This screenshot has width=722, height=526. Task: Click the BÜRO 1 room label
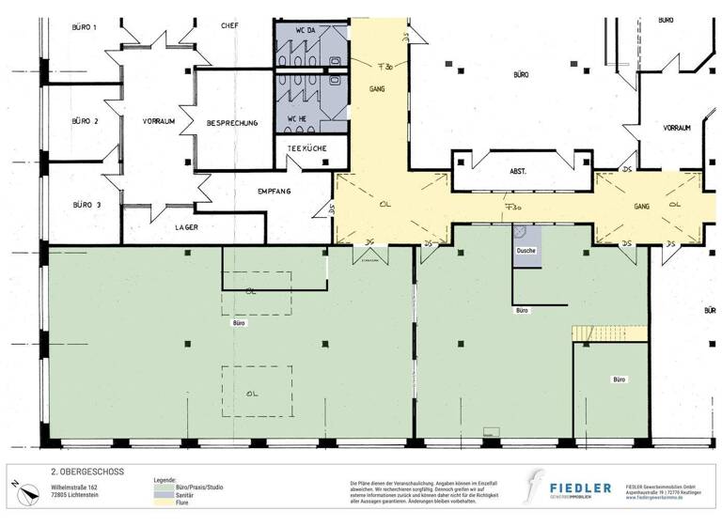pos(85,28)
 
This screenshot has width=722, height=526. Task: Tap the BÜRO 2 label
pos(85,121)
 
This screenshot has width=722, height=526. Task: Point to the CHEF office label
pos(229,26)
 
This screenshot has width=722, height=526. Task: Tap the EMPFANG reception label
pos(275,192)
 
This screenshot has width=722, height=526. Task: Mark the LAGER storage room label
pos(185,226)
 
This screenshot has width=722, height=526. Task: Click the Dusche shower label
pos(526,252)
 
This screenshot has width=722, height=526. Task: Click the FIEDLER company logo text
pos(579,488)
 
